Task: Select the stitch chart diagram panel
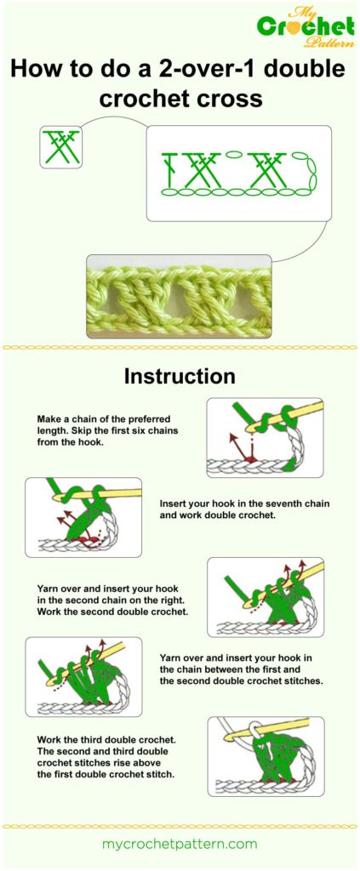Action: tap(238, 173)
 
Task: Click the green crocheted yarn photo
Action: tap(179, 295)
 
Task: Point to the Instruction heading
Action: tap(180, 376)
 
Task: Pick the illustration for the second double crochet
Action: tap(265, 597)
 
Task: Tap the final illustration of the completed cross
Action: tap(265, 756)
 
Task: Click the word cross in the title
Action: tap(231, 100)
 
